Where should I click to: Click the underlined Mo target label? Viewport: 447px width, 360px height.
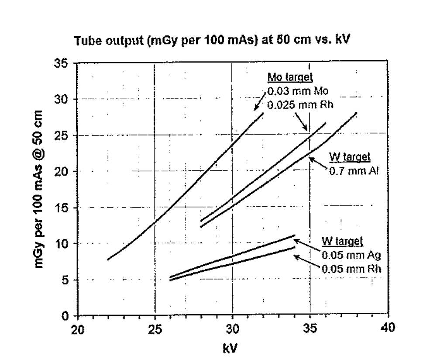(290, 78)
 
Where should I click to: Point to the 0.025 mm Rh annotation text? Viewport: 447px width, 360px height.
(296, 105)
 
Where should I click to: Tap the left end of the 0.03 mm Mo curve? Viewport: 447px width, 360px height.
(108, 260)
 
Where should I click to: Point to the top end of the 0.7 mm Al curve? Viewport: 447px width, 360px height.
(357, 113)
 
